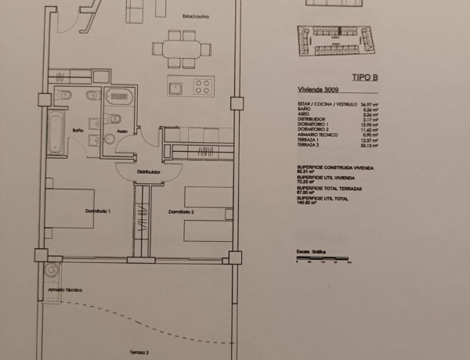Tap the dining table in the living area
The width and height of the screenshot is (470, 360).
pyautogui.click(x=183, y=49)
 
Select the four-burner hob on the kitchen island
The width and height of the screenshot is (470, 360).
pyautogui.click(x=203, y=85)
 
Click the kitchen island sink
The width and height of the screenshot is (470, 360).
pyautogui.click(x=176, y=85)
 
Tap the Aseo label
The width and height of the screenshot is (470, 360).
pyautogui.click(x=123, y=131)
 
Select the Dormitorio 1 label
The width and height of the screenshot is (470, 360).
pyautogui.click(x=98, y=211)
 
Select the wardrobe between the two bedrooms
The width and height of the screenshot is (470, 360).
pyautogui.click(x=142, y=220)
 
